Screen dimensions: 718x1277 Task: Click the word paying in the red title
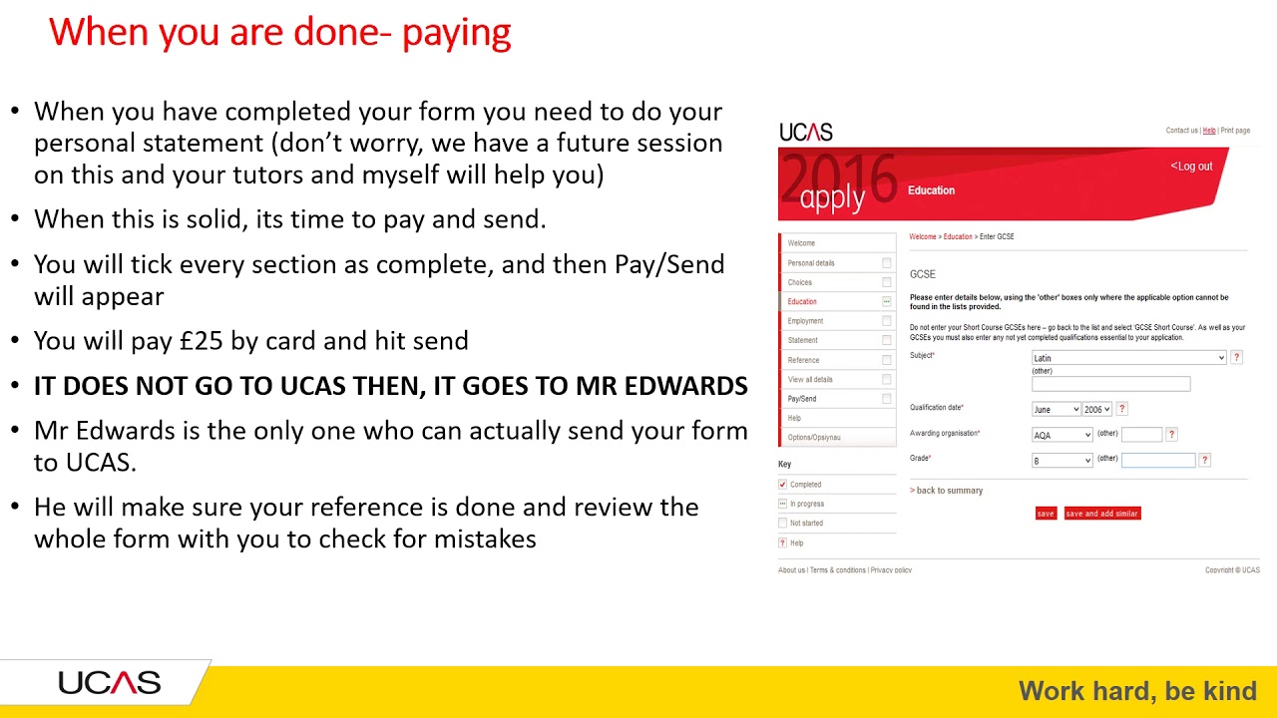(x=456, y=33)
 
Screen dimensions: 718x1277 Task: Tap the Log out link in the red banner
(x=1192, y=167)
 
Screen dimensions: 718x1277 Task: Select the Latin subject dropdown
(x=1128, y=358)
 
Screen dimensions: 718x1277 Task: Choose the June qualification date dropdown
(x=1056, y=409)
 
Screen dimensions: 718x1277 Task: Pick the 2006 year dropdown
(x=1097, y=409)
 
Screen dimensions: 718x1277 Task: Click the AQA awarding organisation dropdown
(x=1062, y=435)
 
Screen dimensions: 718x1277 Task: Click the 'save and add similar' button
(x=1101, y=514)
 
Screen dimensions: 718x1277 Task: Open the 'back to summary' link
(x=947, y=491)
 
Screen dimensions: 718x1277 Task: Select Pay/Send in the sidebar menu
(x=802, y=399)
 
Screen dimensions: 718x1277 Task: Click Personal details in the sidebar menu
(x=811, y=263)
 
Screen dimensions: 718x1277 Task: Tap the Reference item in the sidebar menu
(x=803, y=360)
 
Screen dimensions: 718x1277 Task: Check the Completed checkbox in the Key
(x=783, y=485)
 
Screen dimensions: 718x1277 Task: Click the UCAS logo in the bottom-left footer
(x=109, y=684)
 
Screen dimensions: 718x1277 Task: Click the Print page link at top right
(x=1235, y=131)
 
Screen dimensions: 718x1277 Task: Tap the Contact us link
(x=1181, y=131)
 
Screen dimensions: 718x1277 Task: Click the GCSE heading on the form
(x=922, y=274)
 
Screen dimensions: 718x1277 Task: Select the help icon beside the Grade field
(x=1205, y=460)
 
